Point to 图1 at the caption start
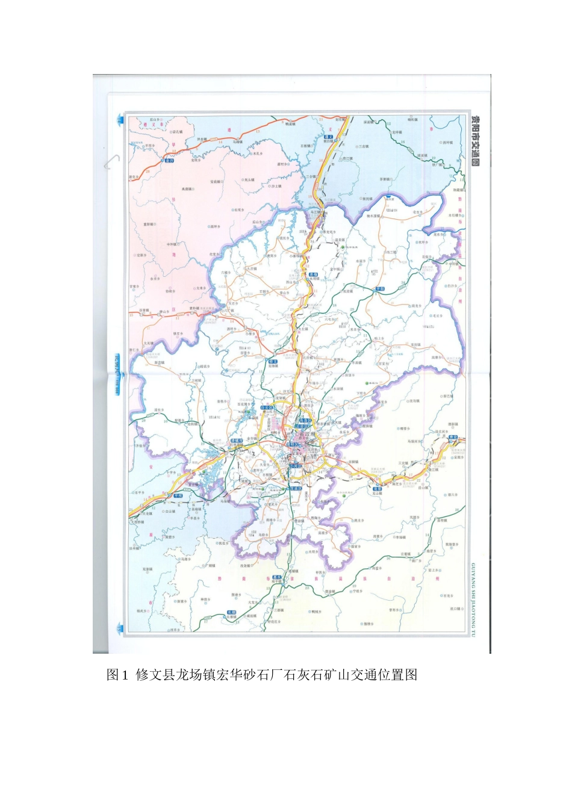point(117,675)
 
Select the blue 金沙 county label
point(169,161)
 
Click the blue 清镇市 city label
point(237,441)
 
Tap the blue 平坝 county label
point(178,495)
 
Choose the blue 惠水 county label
point(277,577)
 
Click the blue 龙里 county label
point(378,489)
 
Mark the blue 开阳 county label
point(380,289)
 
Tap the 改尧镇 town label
point(246,565)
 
